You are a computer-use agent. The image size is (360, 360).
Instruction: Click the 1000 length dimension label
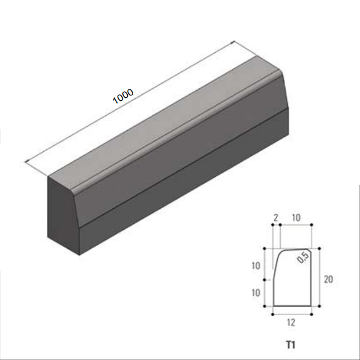[123, 96]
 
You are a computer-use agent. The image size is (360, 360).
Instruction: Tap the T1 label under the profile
[290, 345]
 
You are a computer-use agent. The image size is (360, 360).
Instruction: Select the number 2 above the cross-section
[276, 218]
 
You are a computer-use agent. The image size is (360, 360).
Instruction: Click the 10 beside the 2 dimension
[296, 218]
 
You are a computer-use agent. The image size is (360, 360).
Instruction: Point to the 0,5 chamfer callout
[303, 257]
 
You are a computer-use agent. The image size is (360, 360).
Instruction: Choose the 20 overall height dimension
[328, 279]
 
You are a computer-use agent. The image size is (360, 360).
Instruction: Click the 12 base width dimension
[291, 323]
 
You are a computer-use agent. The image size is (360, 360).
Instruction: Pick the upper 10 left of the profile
[256, 266]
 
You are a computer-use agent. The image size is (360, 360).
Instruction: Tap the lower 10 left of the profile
[256, 293]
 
